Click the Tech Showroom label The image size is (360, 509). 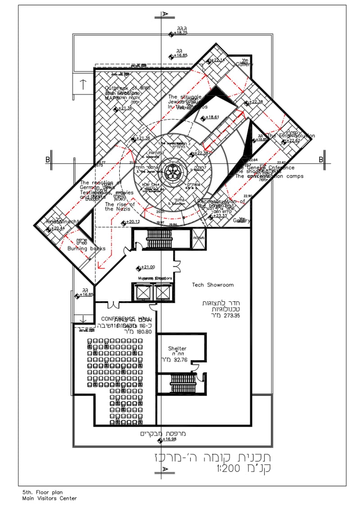tap(212, 285)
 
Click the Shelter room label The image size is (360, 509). tap(177, 348)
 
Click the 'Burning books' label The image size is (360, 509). tap(86, 248)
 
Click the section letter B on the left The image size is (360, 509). tap(47, 159)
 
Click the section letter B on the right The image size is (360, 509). tap(321, 159)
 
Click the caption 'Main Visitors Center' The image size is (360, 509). tap(49, 498)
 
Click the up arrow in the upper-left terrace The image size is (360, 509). tap(83, 84)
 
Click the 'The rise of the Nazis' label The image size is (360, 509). tap(116, 206)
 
